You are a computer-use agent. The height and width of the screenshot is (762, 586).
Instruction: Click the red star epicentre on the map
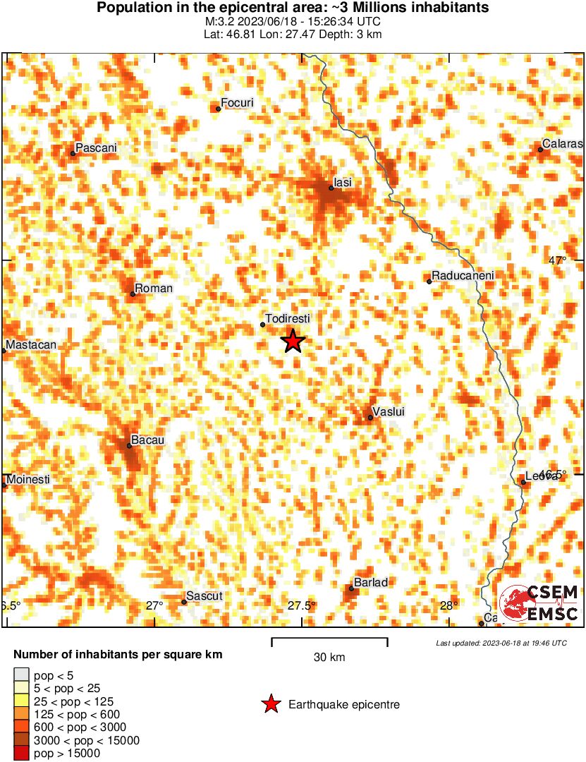[x=293, y=341]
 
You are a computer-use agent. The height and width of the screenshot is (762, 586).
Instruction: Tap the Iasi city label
[x=343, y=183]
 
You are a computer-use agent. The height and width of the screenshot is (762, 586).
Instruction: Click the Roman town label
[x=153, y=288]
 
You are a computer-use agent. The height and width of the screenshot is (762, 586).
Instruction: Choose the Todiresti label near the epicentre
[x=288, y=319]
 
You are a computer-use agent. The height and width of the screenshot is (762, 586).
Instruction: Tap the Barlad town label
[x=371, y=582]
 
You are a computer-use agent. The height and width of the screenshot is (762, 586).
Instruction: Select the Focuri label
[x=237, y=103]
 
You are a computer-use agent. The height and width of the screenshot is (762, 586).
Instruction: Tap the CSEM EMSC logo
[x=539, y=603]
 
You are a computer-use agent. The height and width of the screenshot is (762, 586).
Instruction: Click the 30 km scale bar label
[x=329, y=658]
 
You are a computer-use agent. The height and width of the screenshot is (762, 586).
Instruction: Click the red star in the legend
[x=270, y=704]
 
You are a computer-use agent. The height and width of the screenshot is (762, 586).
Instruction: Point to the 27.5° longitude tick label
[x=301, y=605]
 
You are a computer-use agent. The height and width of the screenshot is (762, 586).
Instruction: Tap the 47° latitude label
[x=558, y=261]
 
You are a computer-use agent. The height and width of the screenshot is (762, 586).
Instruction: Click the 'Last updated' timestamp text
[x=501, y=643]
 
